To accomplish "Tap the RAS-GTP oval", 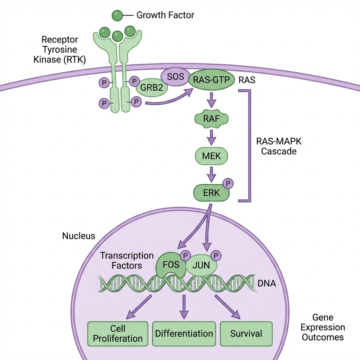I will pos(211,80).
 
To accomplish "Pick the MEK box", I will pos(211,156).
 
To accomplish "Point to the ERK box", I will pos(211,193).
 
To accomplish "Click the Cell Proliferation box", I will pos(118,334).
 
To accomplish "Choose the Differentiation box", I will pos(184,334).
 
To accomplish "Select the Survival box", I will pos(246,334).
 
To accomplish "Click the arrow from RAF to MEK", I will pos(211,137).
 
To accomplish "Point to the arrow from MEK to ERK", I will pos(211,174).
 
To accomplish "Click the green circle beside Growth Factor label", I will pos(117,15).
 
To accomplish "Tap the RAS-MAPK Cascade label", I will pos(279,146).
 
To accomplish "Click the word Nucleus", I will pos(79,236).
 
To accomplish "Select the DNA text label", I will pos(267,283).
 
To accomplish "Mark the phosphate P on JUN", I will pos(216,256).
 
